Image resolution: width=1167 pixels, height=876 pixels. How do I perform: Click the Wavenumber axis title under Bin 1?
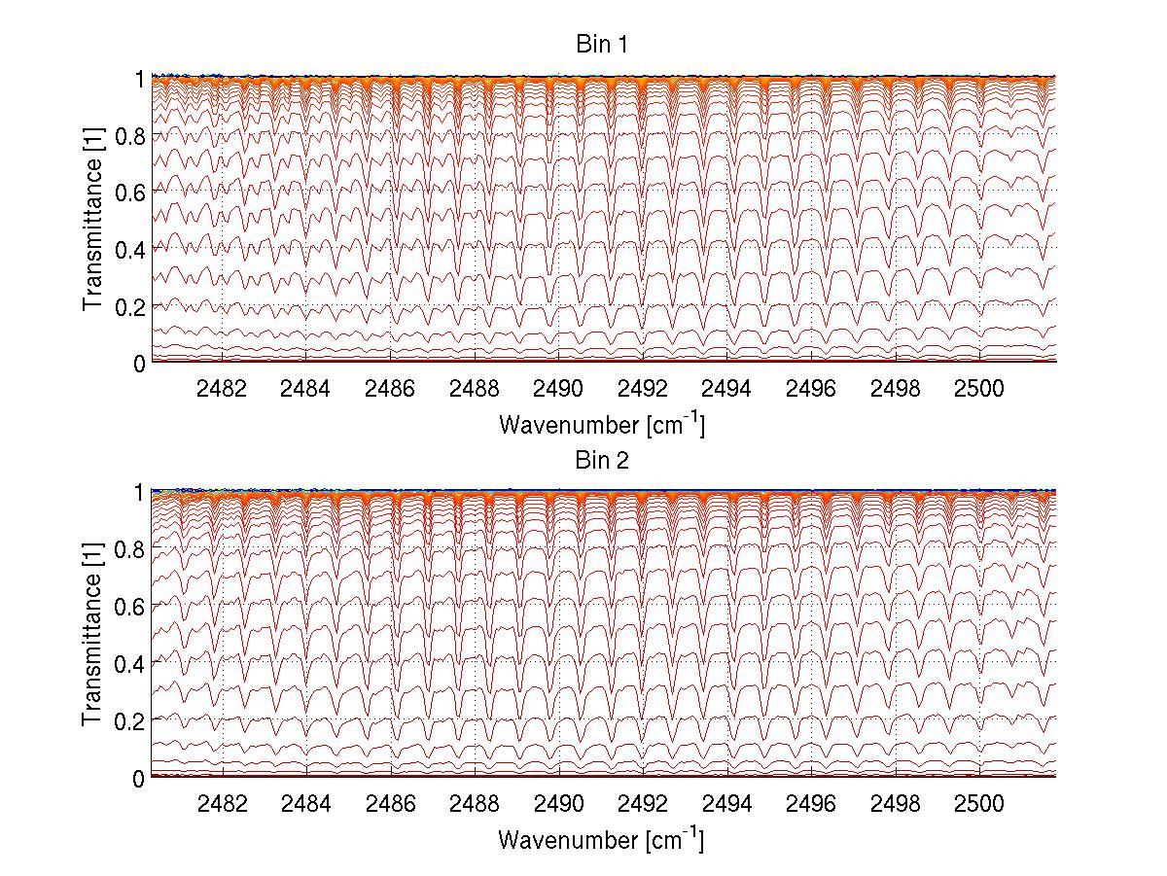(601, 424)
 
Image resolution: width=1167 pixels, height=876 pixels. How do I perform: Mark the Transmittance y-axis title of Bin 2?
(93, 635)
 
